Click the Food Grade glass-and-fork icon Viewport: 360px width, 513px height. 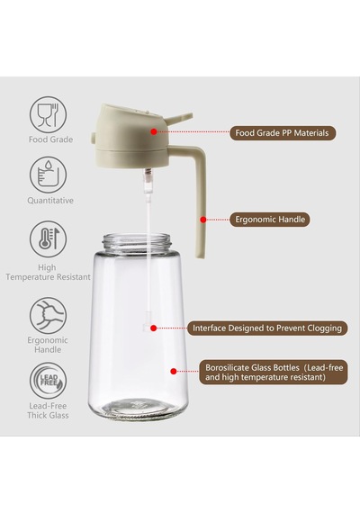tap(48, 115)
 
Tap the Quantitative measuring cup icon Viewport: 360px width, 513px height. tap(48, 175)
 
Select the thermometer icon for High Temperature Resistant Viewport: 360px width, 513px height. tap(48, 238)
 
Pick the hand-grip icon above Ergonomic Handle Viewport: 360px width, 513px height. tap(48, 315)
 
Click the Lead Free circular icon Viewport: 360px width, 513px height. tap(48, 381)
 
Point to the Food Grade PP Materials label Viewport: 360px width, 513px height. tap(283, 133)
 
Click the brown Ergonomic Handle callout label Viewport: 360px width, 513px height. tap(270, 220)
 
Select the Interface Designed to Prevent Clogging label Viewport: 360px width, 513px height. tap(267, 328)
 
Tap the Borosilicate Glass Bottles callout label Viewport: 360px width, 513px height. tap(274, 373)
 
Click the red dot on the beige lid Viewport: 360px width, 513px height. tap(154, 131)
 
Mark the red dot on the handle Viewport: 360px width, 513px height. tap(202, 220)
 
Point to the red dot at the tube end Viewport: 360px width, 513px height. tap(154, 328)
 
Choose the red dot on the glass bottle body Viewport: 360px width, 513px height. tap(174, 371)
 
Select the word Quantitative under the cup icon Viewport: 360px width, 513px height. tap(50, 200)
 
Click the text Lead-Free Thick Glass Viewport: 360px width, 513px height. tap(48, 410)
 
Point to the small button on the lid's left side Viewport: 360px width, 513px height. tap(93, 139)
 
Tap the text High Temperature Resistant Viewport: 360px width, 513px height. tap(48, 272)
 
